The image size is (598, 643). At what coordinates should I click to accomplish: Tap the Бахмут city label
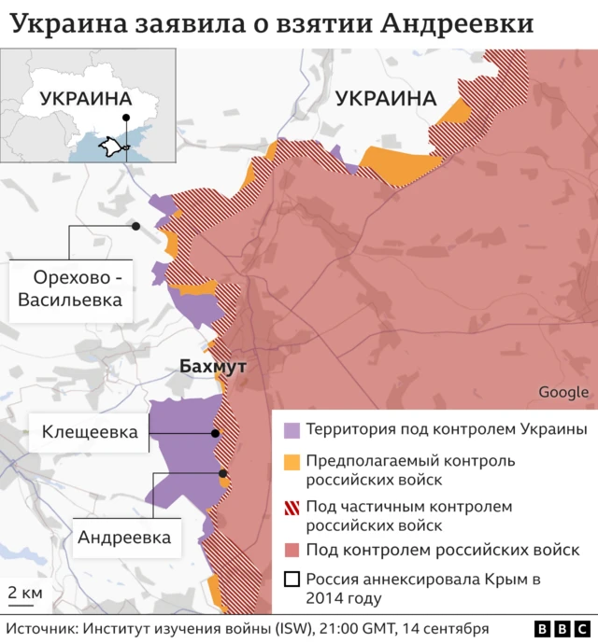[x=212, y=367]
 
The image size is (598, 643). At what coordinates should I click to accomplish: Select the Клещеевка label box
[x=89, y=432]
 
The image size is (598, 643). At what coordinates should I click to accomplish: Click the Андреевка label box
[x=124, y=538]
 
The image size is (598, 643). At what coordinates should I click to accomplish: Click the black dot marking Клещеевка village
[x=216, y=433]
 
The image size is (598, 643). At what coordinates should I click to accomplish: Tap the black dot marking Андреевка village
[x=222, y=473]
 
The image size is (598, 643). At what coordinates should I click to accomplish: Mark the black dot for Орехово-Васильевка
[x=135, y=226]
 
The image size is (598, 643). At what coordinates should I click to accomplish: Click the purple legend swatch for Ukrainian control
[x=292, y=430]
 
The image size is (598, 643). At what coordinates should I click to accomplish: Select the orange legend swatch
[x=292, y=461]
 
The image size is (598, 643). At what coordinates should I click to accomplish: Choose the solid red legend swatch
[x=292, y=550]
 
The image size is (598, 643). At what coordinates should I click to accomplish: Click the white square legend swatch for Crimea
[x=292, y=579]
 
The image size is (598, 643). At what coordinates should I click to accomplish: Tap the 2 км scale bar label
[x=24, y=594]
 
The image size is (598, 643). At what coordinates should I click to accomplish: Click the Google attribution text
[x=563, y=392]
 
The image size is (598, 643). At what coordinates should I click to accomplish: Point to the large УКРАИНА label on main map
[x=386, y=98]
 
